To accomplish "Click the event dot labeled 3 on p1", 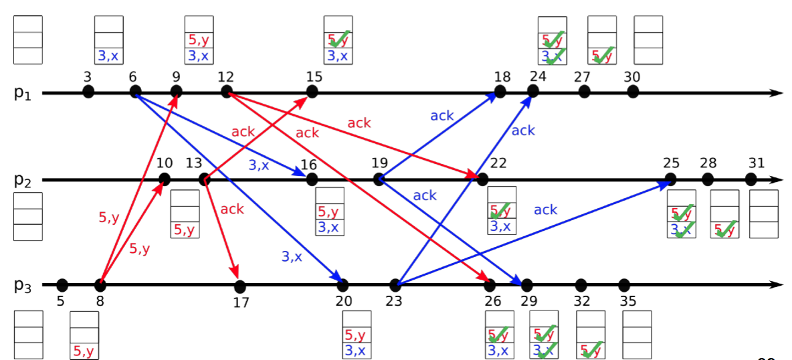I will coord(88,92).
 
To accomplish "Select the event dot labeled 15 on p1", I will coord(312,92).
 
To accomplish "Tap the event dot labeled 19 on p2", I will coord(379,179).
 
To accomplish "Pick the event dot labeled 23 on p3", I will coord(395,284).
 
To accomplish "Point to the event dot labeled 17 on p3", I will coord(240,286).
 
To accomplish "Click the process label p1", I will coord(21,92).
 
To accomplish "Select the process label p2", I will coord(22,180).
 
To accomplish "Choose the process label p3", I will coord(22,285).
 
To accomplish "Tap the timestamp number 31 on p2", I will coord(757,163).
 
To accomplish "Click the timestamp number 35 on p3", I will coord(628,302).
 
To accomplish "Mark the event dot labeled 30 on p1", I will coord(633,92).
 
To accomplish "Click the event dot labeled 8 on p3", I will coord(100,284).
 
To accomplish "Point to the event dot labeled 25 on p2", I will coord(670,179).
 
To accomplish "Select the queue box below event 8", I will coord(84,335).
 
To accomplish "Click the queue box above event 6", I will coord(108,39).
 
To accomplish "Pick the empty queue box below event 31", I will coord(763,214).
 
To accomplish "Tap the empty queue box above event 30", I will coord(648,39).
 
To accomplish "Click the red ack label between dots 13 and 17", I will coord(232,209).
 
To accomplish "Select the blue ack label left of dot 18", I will coord(442,116).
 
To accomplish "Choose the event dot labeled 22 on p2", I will coord(482,179).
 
